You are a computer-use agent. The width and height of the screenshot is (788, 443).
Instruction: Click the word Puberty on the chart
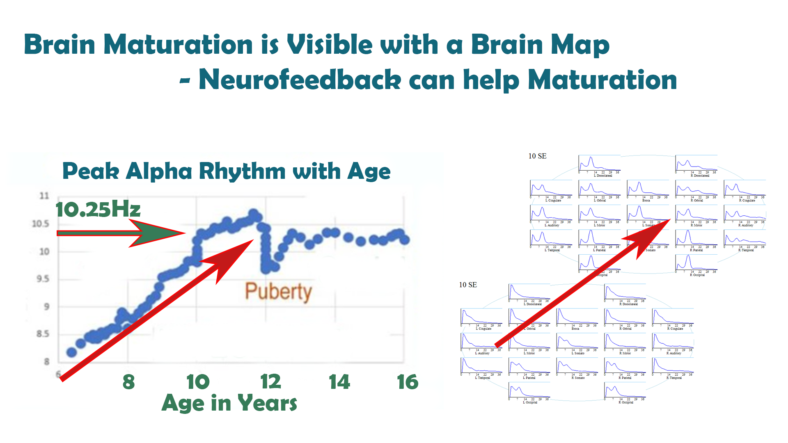[278, 292]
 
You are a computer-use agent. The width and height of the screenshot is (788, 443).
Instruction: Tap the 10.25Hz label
[98, 209]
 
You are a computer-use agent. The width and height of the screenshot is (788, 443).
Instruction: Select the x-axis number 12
[270, 382]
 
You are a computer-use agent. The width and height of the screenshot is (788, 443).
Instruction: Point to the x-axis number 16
[408, 382]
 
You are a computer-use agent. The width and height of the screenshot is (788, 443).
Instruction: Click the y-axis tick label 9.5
[43, 279]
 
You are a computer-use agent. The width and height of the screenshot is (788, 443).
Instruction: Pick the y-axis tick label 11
[44, 196]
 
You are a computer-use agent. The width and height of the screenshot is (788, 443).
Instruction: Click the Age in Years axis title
[229, 403]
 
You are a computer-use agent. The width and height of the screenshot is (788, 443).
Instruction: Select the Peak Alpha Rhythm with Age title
[226, 171]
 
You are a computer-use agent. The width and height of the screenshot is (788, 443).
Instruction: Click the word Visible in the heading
[362, 44]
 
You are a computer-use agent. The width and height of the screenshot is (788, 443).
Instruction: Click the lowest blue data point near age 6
[72, 352]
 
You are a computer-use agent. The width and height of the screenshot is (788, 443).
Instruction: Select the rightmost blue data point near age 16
[405, 240]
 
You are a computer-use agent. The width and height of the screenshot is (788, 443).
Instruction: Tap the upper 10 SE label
[537, 156]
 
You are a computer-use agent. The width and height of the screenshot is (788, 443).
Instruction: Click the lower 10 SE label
[468, 285]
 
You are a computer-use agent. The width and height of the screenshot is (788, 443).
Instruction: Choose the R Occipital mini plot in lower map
[625, 392]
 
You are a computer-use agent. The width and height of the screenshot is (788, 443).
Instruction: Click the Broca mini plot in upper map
[647, 190]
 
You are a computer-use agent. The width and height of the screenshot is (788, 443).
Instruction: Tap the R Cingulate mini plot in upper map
[744, 190]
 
